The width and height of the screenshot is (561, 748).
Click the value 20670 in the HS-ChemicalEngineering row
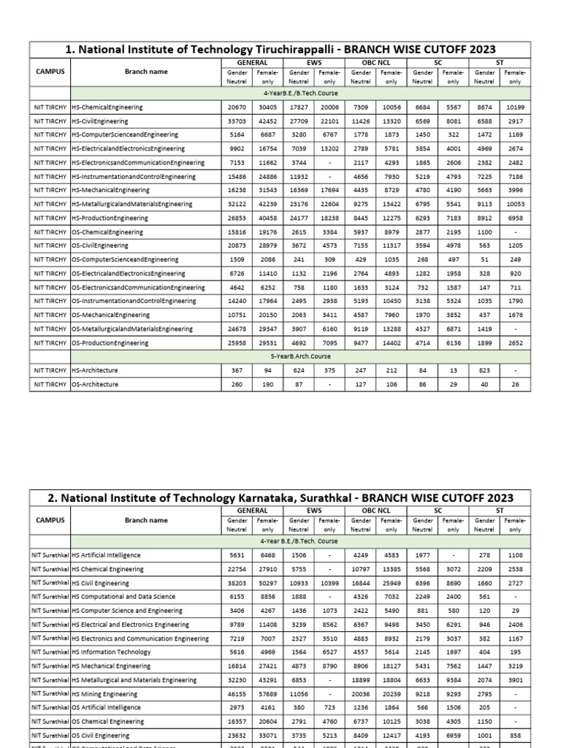tap(237, 107)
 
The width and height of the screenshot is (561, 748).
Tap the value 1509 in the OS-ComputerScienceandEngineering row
tap(237, 259)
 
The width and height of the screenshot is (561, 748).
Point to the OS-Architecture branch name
tap(95, 384)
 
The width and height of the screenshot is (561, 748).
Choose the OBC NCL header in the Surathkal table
tap(376, 511)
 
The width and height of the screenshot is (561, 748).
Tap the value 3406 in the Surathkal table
tap(237, 610)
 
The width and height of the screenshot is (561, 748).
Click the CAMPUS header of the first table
tap(50, 72)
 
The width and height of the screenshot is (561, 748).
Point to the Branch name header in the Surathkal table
tap(146, 520)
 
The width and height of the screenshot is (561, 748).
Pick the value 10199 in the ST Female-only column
tap(515, 107)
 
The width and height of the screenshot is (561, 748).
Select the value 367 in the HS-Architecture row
tap(237, 370)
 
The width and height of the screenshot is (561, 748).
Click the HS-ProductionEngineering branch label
tap(110, 218)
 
